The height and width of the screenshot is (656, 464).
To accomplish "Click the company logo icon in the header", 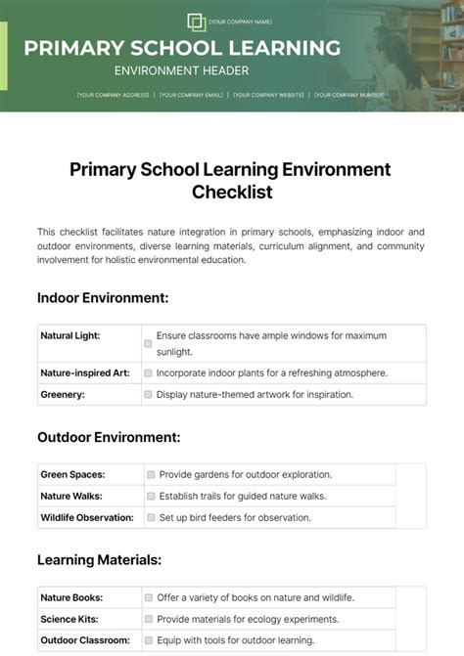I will [196, 22].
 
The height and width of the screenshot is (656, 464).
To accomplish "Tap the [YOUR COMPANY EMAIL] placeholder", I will [191, 95].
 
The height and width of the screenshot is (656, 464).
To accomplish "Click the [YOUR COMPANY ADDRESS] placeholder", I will [114, 95].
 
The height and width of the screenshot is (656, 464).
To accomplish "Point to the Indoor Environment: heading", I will [103, 297].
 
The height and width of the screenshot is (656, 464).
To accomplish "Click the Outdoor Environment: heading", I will [109, 437].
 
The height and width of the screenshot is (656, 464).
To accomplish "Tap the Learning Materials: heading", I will [99, 560].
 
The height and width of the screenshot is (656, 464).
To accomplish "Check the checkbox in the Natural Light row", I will [148, 343].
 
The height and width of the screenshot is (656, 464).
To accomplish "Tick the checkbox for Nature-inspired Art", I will [148, 372].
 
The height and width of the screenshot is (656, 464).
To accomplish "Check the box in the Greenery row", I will [148, 395].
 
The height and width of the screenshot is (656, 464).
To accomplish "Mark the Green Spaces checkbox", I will [151, 474].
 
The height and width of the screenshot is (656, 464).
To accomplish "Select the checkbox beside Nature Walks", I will [151, 496].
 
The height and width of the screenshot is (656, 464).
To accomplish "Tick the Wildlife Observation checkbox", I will [151, 517].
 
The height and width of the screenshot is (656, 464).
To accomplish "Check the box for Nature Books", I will [148, 597].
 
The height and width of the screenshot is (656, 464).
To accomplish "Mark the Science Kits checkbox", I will [148, 619].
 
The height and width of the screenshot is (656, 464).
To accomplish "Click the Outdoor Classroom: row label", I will [84, 640].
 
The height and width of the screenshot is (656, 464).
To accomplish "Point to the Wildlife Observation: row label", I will [87, 517].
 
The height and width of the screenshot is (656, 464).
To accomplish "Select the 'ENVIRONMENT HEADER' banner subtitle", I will [181, 70].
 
